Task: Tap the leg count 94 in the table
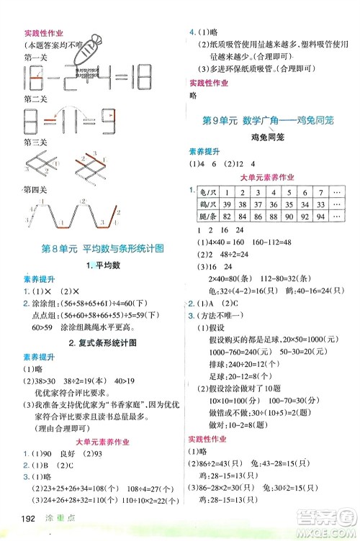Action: point(321,217)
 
